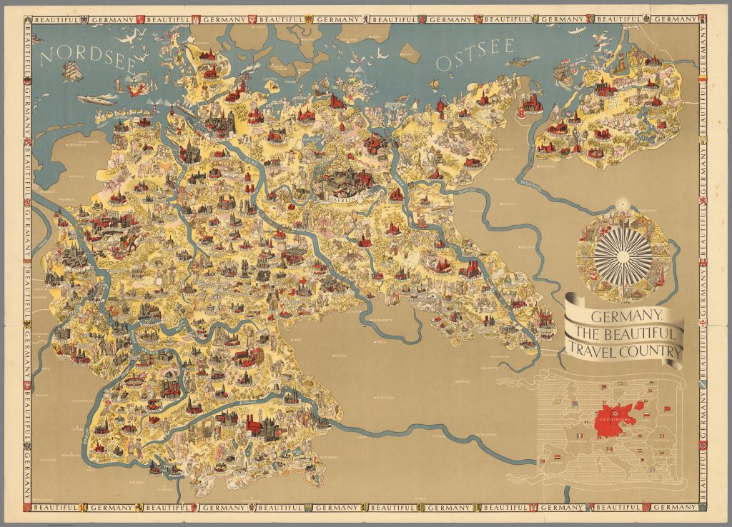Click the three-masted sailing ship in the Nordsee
pyautogui.click(x=73, y=71)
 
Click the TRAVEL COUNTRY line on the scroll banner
pyautogui.click(x=622, y=349)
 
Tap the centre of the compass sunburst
pyautogui.click(x=619, y=253)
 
